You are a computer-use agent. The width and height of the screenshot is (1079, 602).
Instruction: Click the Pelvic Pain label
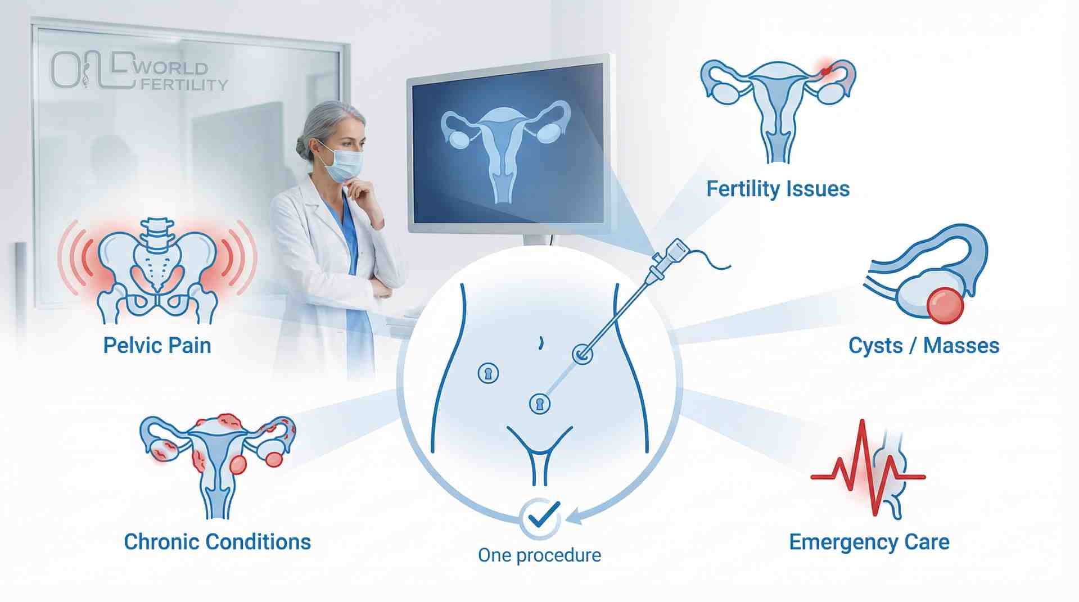click(157, 345)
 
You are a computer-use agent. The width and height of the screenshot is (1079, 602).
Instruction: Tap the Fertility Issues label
click(778, 189)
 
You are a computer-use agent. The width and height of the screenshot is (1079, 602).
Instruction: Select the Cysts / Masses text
click(924, 345)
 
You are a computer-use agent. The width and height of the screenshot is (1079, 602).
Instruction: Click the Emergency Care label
click(869, 542)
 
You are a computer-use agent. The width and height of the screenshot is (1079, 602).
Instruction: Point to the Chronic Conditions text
click(217, 542)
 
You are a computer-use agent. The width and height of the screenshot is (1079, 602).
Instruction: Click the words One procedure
click(539, 555)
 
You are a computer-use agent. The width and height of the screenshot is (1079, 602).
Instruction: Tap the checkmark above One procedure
click(540, 517)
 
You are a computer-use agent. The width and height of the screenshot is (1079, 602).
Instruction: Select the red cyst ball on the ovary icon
click(945, 305)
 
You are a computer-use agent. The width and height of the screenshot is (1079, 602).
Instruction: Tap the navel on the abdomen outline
click(541, 342)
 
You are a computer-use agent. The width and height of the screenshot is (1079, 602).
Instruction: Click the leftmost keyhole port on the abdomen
click(488, 373)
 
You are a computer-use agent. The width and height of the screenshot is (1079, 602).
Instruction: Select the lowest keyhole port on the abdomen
click(540, 404)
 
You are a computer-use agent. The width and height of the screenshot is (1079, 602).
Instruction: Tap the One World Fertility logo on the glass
click(138, 72)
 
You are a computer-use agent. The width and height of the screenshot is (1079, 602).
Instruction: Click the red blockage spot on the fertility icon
click(825, 71)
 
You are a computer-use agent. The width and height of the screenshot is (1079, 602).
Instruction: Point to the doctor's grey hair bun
click(302, 147)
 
